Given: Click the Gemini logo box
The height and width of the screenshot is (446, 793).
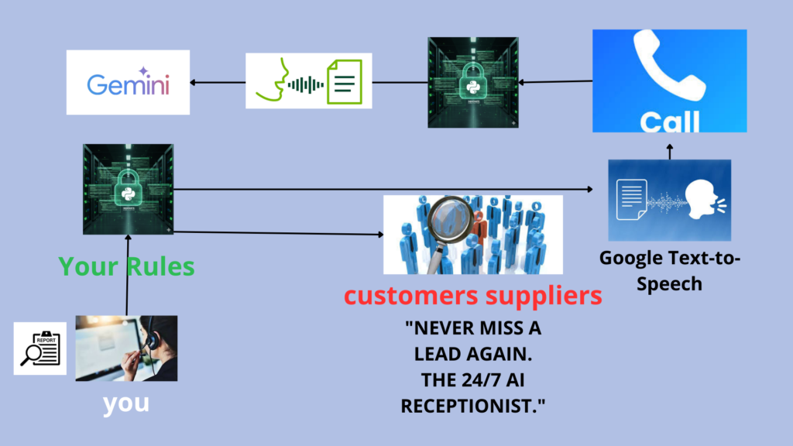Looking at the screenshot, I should (128, 83).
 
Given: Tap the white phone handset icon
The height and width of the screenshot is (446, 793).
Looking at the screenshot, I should (668, 69).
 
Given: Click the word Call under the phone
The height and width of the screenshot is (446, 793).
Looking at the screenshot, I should (670, 122).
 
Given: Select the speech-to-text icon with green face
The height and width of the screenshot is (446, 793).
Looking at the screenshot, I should (308, 81).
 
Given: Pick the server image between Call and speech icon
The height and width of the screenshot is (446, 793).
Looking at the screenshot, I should (472, 81).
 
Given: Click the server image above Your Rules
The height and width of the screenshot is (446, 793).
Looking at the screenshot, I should (128, 189).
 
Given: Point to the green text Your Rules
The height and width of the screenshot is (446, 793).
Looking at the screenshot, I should (127, 267).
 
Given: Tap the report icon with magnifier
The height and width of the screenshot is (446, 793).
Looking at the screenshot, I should (40, 348).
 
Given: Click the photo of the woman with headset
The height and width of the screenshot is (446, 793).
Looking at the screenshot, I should (126, 348).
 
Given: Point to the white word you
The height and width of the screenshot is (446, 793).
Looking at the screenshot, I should (126, 403).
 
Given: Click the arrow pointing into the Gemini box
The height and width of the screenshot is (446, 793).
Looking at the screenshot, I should (218, 81).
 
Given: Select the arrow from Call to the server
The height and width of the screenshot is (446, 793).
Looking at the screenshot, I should (554, 81).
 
